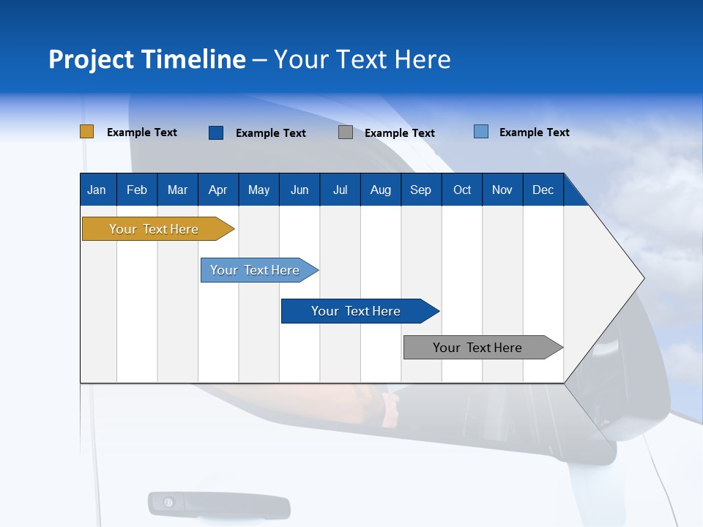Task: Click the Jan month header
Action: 97,190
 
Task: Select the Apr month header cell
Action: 217,190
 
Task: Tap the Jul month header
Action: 340,190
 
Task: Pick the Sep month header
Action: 420,190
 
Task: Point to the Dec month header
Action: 543,190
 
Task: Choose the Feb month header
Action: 137,190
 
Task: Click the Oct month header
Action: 462,190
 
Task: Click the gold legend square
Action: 86,132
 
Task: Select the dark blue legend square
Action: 216,132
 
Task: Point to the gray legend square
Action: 346,132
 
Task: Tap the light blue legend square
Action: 481,132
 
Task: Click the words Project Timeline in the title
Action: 147,59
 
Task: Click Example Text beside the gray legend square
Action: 399,133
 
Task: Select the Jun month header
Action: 300,190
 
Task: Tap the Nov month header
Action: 502,190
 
